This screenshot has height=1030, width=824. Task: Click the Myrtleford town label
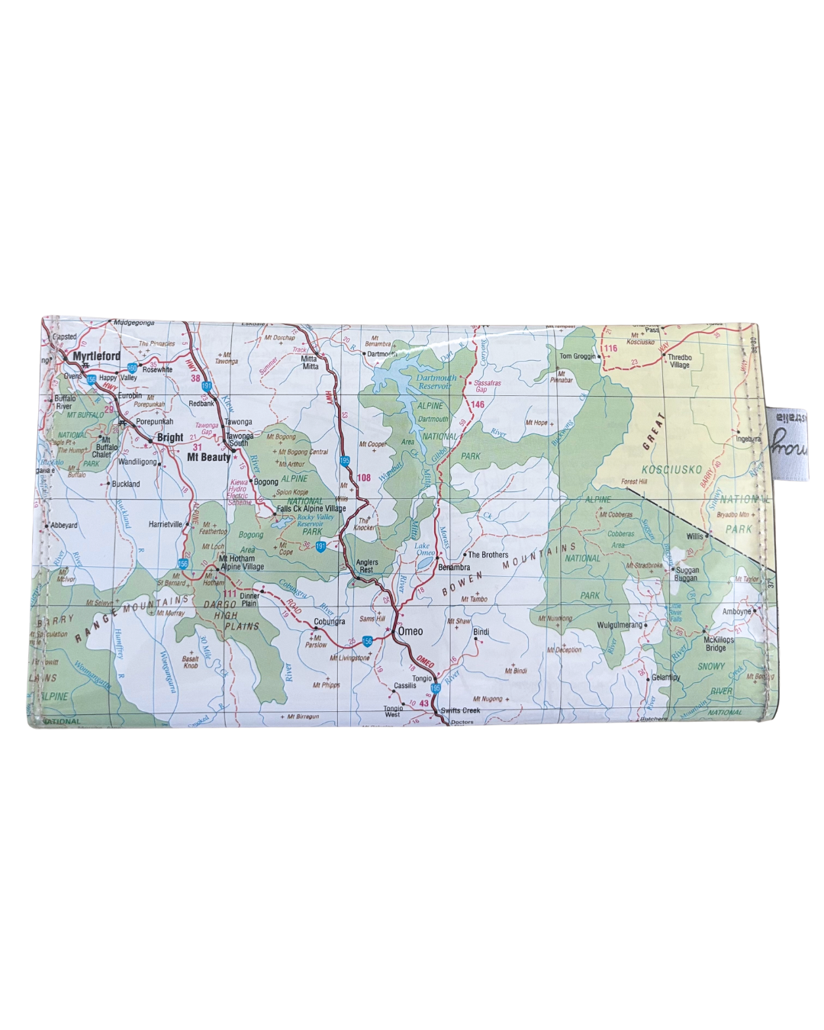click(96, 356)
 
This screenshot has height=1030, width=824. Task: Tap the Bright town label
click(169, 438)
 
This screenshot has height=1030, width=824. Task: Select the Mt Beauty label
click(208, 457)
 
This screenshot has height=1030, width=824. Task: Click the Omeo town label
click(410, 631)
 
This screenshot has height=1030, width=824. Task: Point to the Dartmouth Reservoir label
click(436, 381)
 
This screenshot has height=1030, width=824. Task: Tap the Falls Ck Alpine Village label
click(311, 508)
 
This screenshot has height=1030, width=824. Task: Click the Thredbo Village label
click(680, 361)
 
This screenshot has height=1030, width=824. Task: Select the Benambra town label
click(454, 568)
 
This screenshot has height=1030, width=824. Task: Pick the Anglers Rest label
click(367, 566)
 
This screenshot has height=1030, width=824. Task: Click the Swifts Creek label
click(460, 710)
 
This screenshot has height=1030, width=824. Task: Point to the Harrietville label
click(166, 525)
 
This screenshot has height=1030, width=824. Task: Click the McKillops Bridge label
click(718, 644)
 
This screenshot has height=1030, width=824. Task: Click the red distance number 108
click(364, 478)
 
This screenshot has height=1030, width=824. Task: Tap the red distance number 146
click(478, 404)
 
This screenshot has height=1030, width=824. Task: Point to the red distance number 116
click(610, 349)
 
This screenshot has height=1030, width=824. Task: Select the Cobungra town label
click(330, 622)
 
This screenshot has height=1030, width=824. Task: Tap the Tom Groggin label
click(578, 356)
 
